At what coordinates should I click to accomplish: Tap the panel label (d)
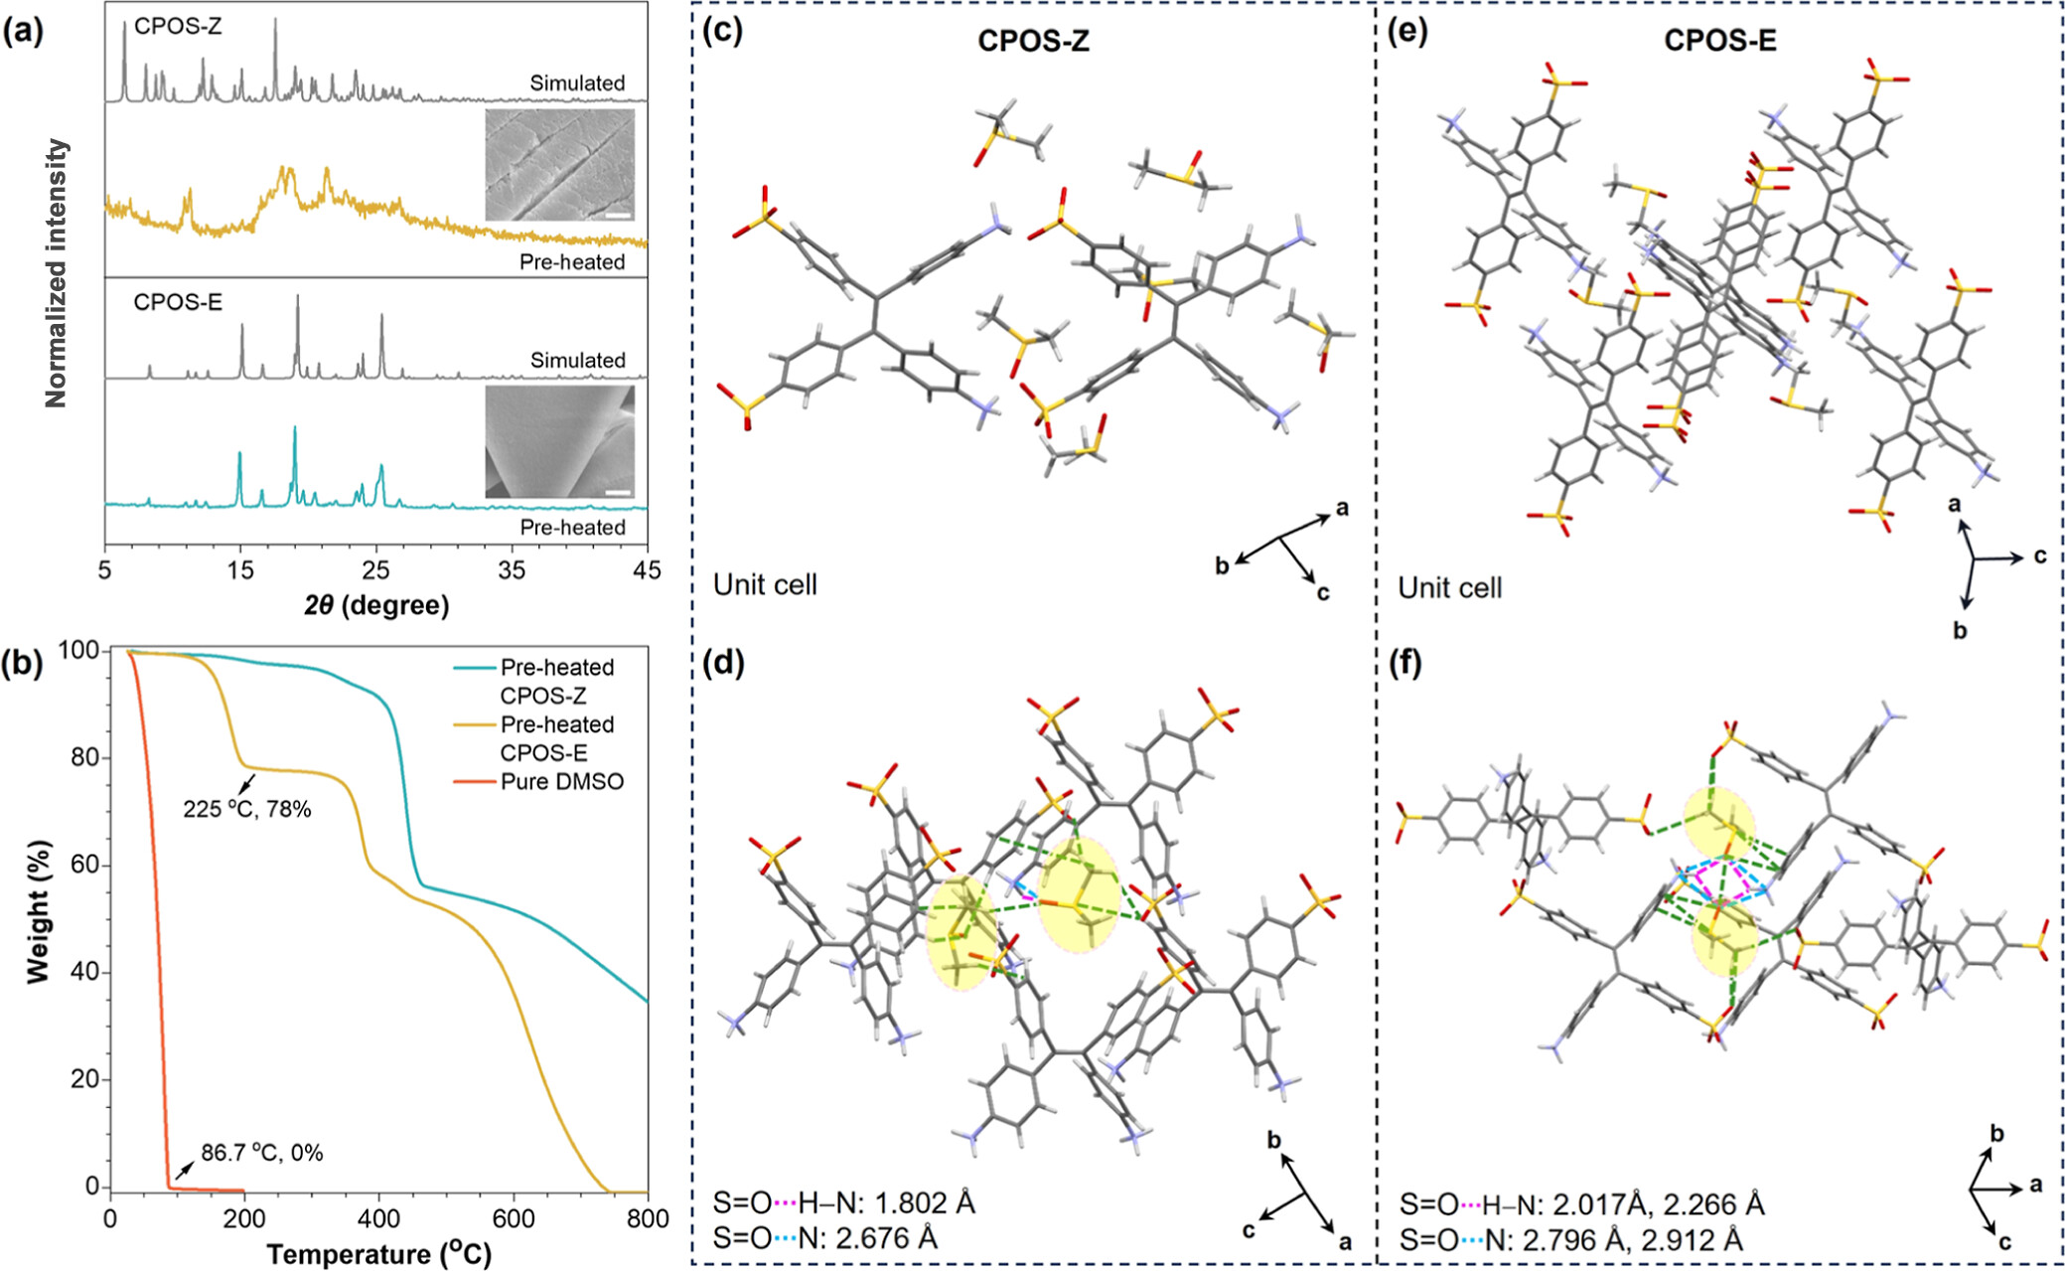723,663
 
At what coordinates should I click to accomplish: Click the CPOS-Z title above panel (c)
1033,41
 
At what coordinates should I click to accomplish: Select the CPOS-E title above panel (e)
1720,41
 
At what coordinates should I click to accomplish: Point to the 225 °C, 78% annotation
246,810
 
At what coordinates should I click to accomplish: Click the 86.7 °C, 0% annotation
262,1154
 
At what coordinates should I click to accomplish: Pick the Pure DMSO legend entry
562,782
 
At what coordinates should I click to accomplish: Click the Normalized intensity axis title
57,273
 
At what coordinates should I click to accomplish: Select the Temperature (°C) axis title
378,1254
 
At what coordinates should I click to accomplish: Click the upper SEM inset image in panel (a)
560,165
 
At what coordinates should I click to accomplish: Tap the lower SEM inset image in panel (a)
560,441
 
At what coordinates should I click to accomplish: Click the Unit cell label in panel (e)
1449,588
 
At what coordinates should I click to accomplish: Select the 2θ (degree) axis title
376,605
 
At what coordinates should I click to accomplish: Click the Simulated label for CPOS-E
577,360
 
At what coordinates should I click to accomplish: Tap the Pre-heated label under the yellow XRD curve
572,262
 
